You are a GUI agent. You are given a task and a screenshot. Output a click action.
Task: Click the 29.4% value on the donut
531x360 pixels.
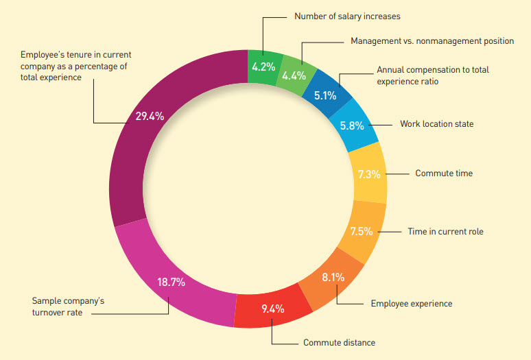[x=150, y=117]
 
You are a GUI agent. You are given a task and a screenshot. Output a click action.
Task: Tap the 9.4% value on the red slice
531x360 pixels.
[x=272, y=309]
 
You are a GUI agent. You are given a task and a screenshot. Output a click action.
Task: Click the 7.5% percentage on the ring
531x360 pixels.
[x=361, y=231]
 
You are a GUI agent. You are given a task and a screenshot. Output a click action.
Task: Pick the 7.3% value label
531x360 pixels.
[x=369, y=174]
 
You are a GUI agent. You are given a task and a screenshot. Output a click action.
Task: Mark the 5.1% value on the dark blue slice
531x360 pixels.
[x=325, y=95]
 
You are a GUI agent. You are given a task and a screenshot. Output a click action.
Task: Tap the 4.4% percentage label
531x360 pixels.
[x=294, y=75]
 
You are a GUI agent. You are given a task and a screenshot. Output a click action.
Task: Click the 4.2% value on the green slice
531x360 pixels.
[x=263, y=67]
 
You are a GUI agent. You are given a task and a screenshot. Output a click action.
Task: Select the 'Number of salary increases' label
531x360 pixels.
[x=346, y=16]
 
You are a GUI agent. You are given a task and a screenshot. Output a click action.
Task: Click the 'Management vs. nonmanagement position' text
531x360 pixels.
[x=432, y=41]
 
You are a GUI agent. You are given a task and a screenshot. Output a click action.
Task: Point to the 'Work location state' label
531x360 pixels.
[x=436, y=124]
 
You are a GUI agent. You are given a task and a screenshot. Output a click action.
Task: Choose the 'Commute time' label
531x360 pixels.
[x=443, y=173]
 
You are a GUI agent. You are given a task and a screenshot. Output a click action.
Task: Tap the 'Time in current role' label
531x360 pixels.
[x=445, y=232]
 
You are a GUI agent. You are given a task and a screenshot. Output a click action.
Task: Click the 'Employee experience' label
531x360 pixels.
[x=411, y=303]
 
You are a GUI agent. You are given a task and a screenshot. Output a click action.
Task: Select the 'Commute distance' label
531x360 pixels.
[x=339, y=342]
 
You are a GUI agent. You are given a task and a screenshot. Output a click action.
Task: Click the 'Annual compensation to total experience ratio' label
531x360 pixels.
[x=433, y=75]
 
